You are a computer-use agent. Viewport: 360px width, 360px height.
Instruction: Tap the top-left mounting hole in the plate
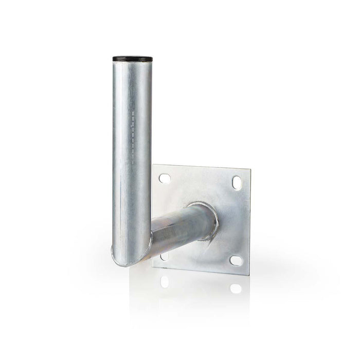pos(165,178)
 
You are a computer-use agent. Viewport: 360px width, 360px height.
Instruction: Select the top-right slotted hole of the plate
pos(236,182)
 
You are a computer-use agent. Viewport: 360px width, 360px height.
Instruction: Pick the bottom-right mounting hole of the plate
pos(236,261)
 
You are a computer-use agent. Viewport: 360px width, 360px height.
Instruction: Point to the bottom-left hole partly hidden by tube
pos(164,256)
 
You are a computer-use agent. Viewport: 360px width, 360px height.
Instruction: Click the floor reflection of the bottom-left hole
pos(164,281)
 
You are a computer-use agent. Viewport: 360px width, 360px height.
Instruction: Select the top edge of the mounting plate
pos(201,166)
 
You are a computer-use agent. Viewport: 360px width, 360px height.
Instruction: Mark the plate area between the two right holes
pos(236,221)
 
